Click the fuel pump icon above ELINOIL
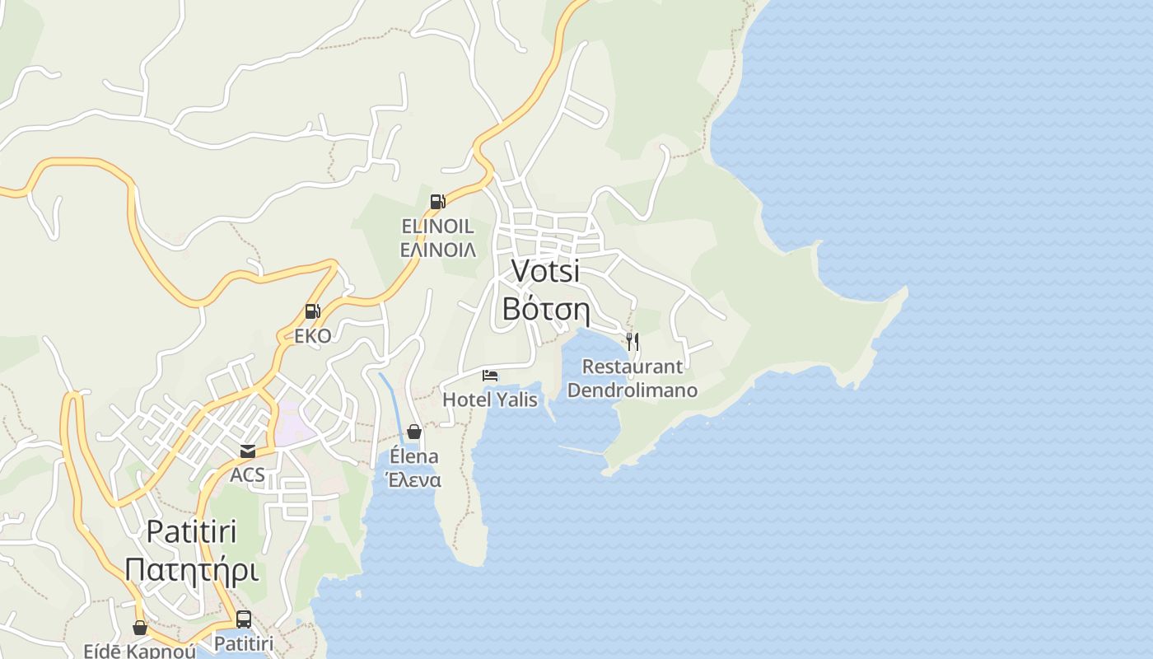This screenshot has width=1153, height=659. pos(437,201)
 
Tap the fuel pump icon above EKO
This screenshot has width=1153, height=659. pos(312,311)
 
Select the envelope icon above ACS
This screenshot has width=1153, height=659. pos(247,451)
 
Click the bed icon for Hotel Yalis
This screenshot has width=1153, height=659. pos(490,376)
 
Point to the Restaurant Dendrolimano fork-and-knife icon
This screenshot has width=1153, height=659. pos(633,341)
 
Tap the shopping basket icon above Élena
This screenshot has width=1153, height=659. pos(414,432)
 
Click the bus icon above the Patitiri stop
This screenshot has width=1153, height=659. pos(244,619)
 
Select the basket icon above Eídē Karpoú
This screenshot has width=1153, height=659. pos(140,628)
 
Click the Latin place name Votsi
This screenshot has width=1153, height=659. pos(545,270)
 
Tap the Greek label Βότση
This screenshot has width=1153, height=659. pos(545,309)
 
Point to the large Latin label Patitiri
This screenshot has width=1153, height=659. pos(192,531)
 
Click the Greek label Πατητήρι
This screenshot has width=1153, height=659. pos(192,570)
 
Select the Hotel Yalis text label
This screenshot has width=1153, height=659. pos(490,400)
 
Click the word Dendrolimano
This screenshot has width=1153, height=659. pos(633,390)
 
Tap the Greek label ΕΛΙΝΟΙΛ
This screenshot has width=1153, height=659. pos(437,250)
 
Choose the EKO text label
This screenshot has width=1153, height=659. pos(313,335)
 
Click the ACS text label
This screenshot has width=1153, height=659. pos(247,474)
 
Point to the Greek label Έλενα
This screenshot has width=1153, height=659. pos(414,480)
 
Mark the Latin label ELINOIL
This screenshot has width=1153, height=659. pos(437,226)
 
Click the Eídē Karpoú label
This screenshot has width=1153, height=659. pos(140,651)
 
